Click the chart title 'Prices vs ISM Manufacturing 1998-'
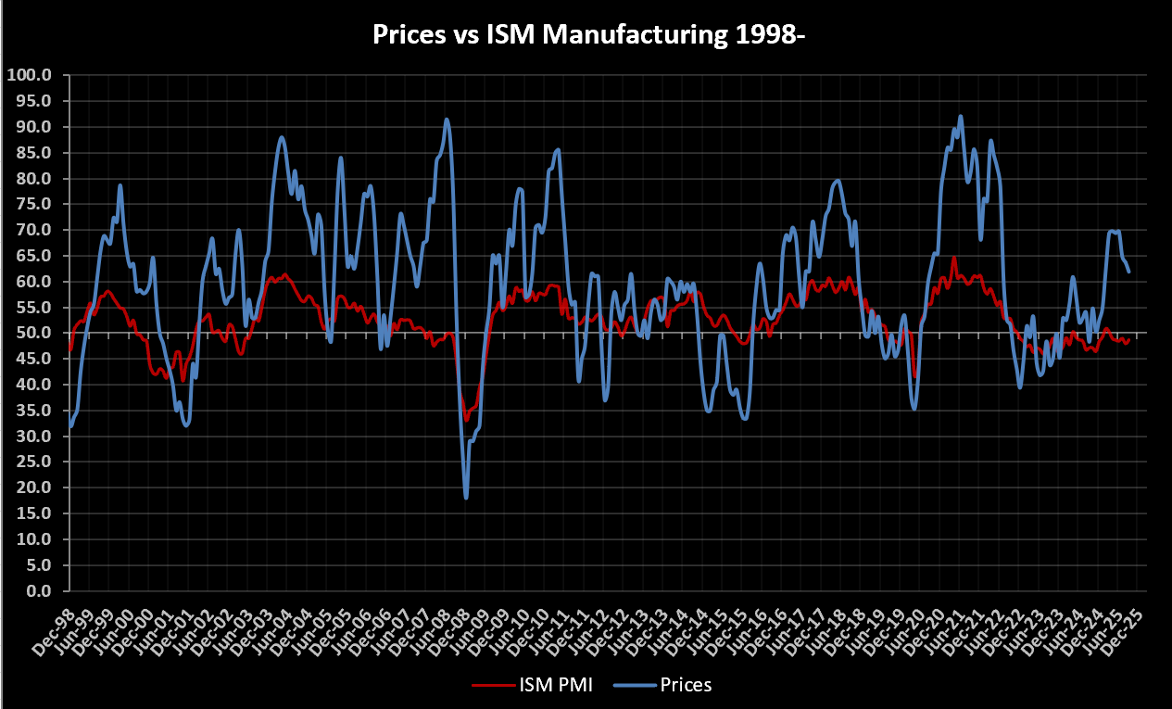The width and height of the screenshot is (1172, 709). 586,34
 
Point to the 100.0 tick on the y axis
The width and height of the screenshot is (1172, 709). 32,75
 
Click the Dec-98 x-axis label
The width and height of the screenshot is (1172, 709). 57,619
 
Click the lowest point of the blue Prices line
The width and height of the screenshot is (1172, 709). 466,498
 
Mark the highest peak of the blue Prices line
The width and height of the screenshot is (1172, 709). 961,116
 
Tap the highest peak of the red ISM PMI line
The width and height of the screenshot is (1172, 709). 953,258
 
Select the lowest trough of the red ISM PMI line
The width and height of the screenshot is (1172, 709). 466,421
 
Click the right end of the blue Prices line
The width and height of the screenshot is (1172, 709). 1129,272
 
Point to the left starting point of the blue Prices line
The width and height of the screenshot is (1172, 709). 69,427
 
